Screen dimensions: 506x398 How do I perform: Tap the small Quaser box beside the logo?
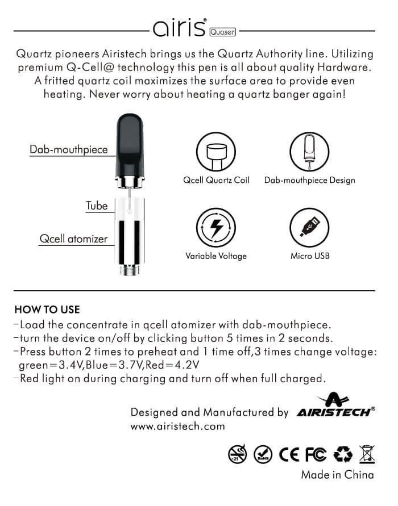pyautogui.click(x=222, y=31)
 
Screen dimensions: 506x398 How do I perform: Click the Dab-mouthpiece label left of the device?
pyautogui.click(x=69, y=149)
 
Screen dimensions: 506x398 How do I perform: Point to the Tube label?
pyautogui.click(x=97, y=206)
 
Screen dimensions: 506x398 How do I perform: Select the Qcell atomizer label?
pyautogui.click(x=73, y=239)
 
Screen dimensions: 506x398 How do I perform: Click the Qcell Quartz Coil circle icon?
pyautogui.click(x=216, y=150)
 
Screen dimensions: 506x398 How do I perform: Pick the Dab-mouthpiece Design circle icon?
pyautogui.click(x=309, y=150)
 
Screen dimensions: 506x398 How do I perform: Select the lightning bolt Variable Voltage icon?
pyautogui.click(x=216, y=228)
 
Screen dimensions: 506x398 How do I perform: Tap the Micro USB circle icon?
pyautogui.click(x=309, y=228)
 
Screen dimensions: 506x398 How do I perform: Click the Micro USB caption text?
pyautogui.click(x=310, y=256)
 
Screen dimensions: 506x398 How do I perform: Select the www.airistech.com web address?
pyautogui.click(x=177, y=426)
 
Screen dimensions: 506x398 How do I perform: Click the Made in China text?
pyautogui.click(x=337, y=475)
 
